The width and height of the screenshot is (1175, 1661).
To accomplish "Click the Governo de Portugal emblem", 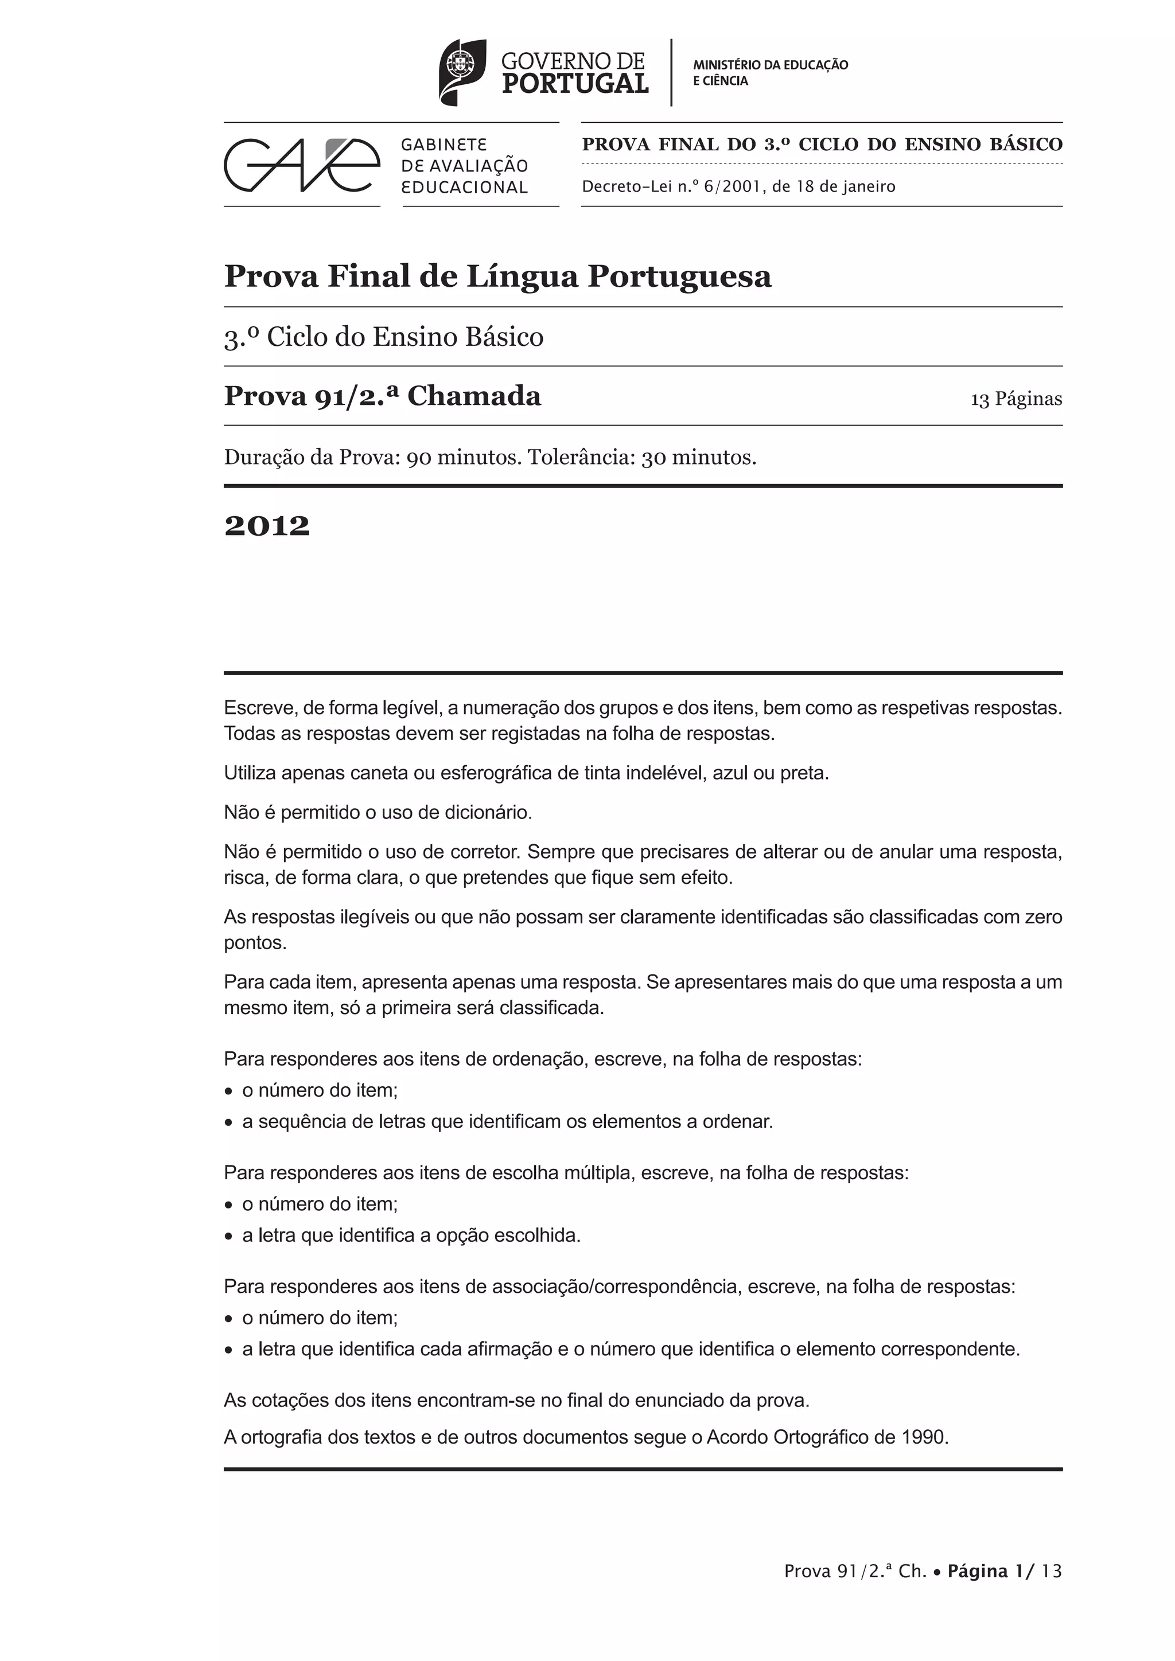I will (462, 72).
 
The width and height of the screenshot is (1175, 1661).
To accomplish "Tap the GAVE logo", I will (302, 165).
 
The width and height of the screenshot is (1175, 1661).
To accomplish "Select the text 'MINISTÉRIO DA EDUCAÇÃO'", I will (771, 64).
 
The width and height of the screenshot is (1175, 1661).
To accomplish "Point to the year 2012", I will (267, 526).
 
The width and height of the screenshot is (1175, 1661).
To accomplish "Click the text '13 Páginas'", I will (1016, 399).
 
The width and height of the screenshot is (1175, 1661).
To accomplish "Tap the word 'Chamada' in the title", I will (474, 396).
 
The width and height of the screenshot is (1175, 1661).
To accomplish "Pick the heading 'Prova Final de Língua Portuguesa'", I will (498, 276).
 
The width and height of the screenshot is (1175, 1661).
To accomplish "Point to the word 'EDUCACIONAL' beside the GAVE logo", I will (465, 188).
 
